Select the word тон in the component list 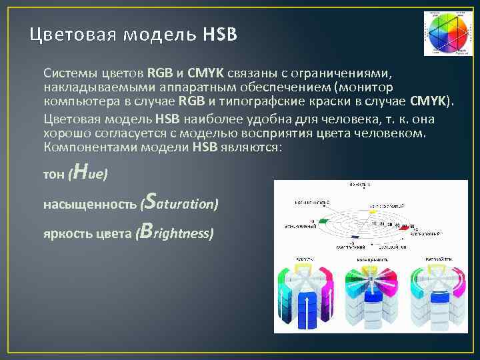click(53, 175)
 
